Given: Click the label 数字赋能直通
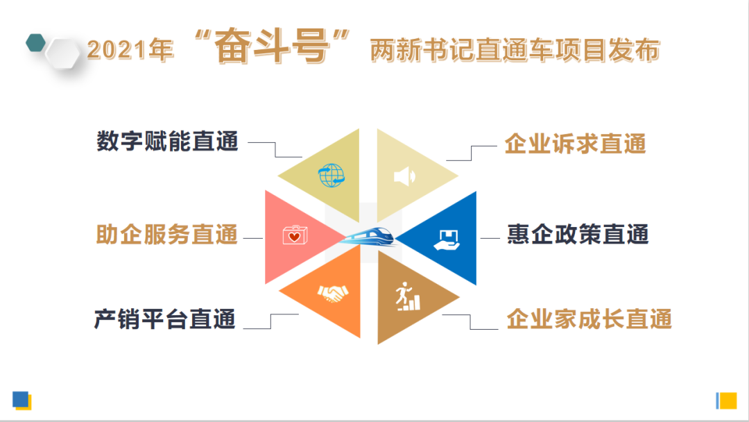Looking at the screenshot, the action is (x=167, y=142).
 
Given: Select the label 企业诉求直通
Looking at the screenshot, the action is (x=576, y=144).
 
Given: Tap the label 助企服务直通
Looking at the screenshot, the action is (x=166, y=235).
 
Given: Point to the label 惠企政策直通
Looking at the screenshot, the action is (x=578, y=235).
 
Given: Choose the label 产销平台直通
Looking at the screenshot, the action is (x=165, y=319).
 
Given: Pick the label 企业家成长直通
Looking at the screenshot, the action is (x=589, y=320).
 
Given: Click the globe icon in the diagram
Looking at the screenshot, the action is (x=332, y=175).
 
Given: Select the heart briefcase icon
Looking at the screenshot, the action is (x=293, y=236).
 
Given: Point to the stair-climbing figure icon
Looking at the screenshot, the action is (x=407, y=297).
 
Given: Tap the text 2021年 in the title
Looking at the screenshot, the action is (x=130, y=51).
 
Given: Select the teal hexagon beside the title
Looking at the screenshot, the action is (x=35, y=44).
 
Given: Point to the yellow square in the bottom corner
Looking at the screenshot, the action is (x=728, y=400).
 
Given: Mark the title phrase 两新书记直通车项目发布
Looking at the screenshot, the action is (x=514, y=51).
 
